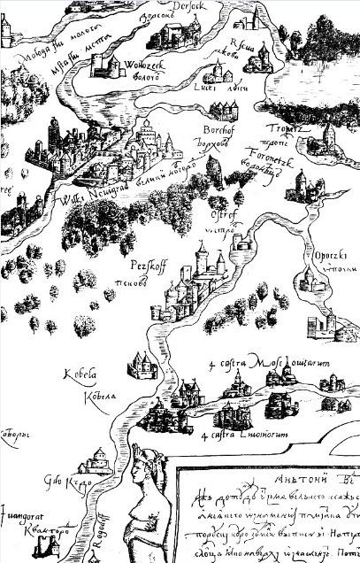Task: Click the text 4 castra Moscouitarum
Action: point(251,365)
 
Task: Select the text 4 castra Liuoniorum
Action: point(238,436)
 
